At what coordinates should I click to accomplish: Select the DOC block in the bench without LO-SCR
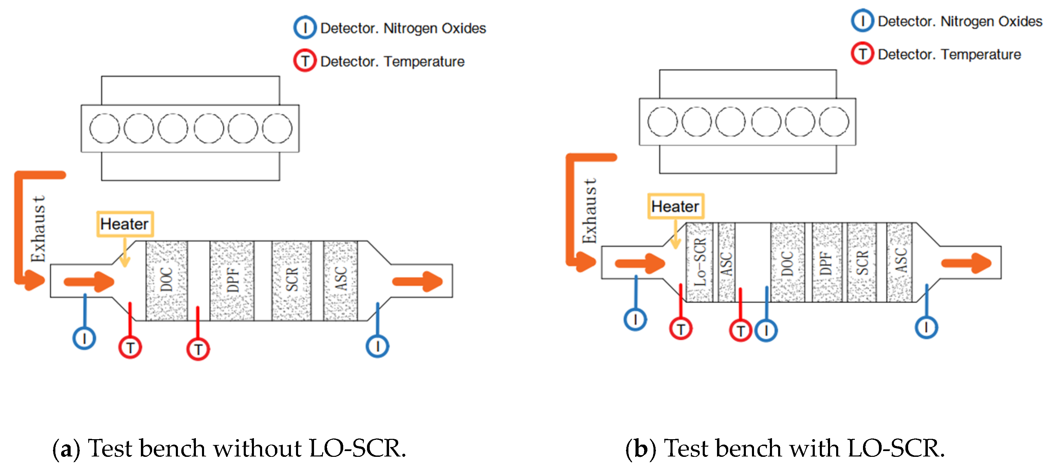[167, 281]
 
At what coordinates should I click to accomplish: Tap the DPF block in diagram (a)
[232, 281]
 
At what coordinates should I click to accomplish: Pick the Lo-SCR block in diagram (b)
[700, 263]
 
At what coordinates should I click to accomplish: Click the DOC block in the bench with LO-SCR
[788, 263]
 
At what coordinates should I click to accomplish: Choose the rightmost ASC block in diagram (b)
[900, 263]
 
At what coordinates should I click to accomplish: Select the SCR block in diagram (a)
[292, 281]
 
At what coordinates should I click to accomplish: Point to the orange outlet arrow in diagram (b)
[966, 263]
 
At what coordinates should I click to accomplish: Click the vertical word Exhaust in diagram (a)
[38, 229]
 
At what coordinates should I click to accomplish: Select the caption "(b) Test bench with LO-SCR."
[785, 448]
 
